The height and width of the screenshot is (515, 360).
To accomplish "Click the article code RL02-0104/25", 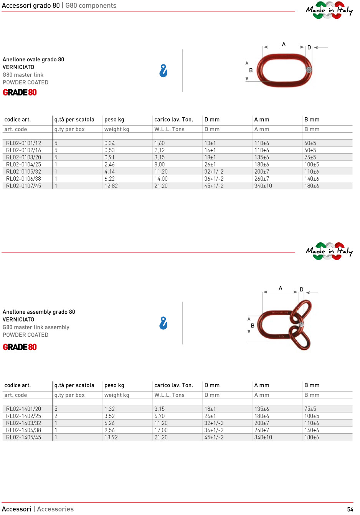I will (23, 165).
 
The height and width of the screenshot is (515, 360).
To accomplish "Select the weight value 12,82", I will (111, 186).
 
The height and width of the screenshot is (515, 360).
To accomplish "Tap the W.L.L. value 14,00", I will (161, 179).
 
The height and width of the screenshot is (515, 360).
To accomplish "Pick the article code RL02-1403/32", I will (23, 423).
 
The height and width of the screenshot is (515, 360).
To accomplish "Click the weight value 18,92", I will (111, 438).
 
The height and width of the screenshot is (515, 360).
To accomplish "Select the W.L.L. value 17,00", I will (161, 430).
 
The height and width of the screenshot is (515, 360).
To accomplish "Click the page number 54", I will (350, 509).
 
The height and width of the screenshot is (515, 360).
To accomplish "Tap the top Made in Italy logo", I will (329, 10).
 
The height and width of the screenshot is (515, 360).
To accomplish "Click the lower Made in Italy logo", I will (329, 251).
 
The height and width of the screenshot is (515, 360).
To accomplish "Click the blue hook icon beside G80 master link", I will (163, 71).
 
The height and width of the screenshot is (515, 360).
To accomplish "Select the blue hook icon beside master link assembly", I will (163, 323).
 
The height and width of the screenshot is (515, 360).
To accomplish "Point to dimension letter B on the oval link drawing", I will (251, 70).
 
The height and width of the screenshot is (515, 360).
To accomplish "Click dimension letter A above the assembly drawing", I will (281, 288).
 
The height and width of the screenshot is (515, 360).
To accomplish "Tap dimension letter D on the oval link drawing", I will (309, 48).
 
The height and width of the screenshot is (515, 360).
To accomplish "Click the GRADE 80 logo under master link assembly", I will (20, 347).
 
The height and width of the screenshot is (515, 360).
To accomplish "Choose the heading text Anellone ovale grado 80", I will (33, 59).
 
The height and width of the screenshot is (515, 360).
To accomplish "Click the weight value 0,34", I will (109, 143).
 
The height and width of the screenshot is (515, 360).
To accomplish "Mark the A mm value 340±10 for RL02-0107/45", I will (263, 186).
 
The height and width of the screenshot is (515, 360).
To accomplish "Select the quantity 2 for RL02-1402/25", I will (56, 416).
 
